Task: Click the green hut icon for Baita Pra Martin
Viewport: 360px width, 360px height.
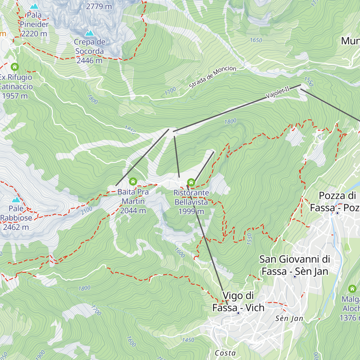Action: pos(133,181)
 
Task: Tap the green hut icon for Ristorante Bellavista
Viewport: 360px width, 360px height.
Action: pos(191,182)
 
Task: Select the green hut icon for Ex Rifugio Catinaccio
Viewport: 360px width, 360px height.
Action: pos(14,67)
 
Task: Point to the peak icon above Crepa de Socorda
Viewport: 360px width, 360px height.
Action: pos(89,33)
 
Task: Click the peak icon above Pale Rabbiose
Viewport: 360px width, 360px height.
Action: pos(16,199)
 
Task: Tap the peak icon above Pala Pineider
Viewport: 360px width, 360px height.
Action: pos(34,6)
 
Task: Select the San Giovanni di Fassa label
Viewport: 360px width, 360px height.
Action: pos(295,265)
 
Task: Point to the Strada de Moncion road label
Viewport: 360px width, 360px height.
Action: pos(212,77)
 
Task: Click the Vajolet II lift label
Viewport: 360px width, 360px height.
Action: pos(278,92)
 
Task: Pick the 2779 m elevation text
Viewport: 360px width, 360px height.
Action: pos(99,6)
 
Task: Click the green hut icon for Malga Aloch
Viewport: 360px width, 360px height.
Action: pos(352,289)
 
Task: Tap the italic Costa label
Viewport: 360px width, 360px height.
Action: pos(225,353)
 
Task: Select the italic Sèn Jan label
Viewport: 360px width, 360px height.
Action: pos(289,318)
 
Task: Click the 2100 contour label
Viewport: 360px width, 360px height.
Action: pos(86,211)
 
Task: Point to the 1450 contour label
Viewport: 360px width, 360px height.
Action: pos(188,340)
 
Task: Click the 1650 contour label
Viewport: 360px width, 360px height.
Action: pos(256,40)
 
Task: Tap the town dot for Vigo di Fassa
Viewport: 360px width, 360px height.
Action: pos(238,313)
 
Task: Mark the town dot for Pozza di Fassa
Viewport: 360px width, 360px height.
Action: pos(337,213)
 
